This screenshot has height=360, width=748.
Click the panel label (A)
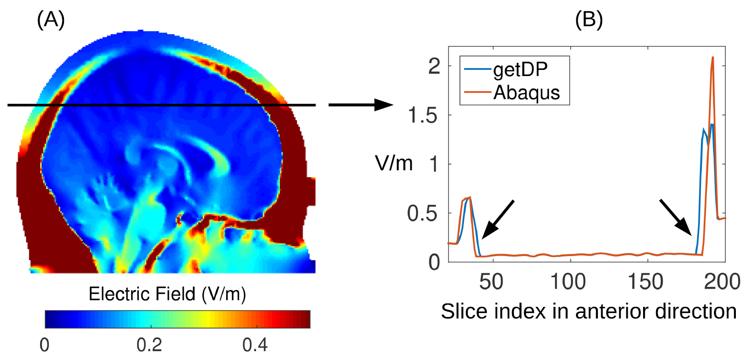[51, 20]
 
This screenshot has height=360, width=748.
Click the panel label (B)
[589, 20]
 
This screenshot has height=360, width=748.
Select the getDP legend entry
[520, 69]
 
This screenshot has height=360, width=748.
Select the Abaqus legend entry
[526, 92]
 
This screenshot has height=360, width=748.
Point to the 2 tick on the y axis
[434, 66]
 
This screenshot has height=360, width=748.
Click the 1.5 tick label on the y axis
[422, 115]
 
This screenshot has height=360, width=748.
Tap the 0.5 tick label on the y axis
[422, 213]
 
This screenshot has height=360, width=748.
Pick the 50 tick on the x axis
[491, 282]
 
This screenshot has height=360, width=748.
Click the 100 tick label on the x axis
[568, 282]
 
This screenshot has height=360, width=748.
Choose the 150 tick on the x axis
[645, 282]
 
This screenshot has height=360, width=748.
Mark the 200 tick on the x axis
[722, 282]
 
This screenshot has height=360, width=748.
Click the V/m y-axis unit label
[394, 164]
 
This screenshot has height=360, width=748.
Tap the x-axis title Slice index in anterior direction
[589, 311]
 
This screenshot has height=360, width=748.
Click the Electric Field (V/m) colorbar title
[167, 294]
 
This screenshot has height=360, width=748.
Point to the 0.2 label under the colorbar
[149, 345]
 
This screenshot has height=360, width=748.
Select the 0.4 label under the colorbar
[255, 345]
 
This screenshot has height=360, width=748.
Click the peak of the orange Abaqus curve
[713, 57]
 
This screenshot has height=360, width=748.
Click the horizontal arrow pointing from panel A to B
[360, 105]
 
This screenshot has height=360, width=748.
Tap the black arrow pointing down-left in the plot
[497, 220]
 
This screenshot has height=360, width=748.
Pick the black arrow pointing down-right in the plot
[675, 217]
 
